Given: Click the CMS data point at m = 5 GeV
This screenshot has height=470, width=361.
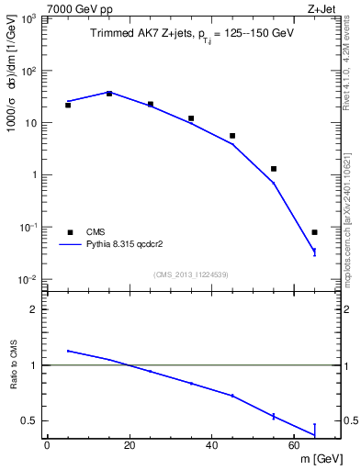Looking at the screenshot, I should pyautogui.click(x=68, y=105).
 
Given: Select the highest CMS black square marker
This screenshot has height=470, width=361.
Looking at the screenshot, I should pyautogui.click(x=109, y=94).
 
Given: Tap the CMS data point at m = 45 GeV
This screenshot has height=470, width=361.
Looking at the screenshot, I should pyautogui.click(x=232, y=136).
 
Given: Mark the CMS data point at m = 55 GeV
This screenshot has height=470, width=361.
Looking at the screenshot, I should pyautogui.click(x=274, y=169).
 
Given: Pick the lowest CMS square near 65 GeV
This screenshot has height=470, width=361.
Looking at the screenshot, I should pyautogui.click(x=315, y=232).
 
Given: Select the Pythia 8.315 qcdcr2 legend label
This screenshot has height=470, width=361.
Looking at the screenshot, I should pyautogui.click(x=128, y=246).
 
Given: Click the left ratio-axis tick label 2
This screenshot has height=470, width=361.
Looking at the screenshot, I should pyautogui.click(x=35, y=309).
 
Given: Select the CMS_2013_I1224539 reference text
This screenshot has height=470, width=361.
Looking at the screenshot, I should pyautogui.click(x=191, y=274).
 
